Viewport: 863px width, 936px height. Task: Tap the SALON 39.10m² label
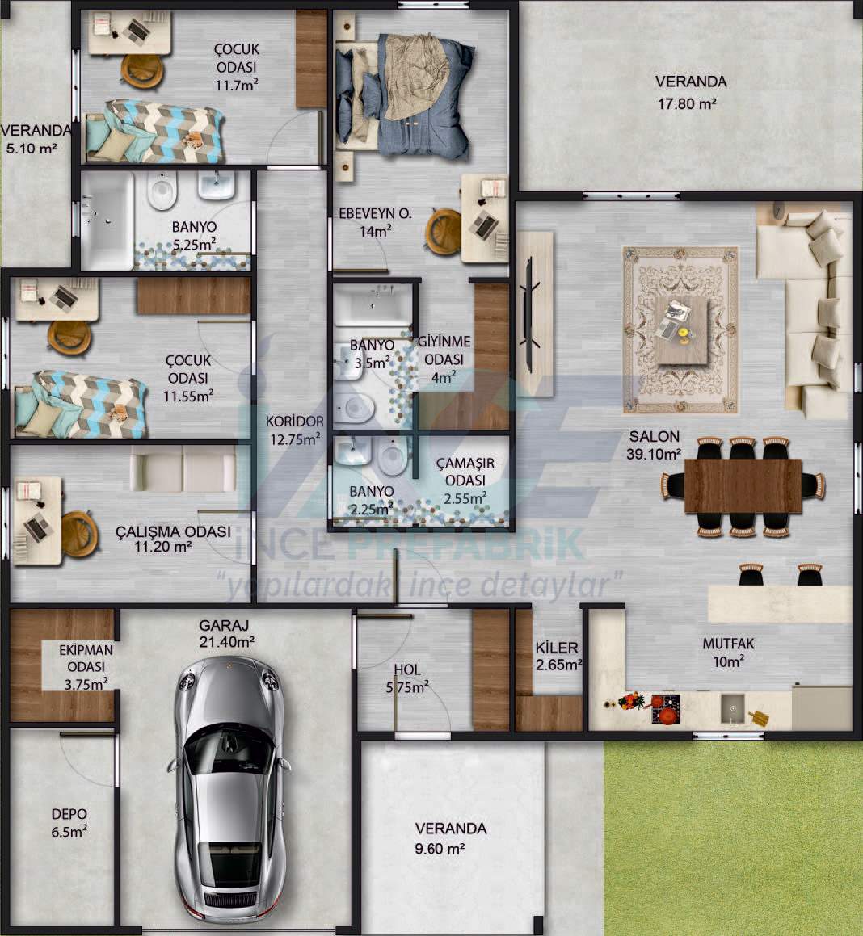(654, 445)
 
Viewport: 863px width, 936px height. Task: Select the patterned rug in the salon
(681, 329)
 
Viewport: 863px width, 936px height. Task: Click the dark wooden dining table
(743, 485)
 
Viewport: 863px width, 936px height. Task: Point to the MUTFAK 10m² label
(728, 653)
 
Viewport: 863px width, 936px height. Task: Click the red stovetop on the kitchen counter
(665, 708)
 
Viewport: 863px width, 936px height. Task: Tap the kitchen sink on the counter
(732, 708)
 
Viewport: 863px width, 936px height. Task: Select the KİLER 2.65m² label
(558, 656)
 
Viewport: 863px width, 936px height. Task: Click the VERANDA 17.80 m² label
(690, 93)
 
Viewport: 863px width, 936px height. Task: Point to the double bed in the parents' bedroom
(403, 95)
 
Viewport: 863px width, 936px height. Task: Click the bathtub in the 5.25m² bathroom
(107, 220)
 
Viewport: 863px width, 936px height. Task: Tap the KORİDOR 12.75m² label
(295, 430)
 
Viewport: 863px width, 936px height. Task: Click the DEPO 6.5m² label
(69, 823)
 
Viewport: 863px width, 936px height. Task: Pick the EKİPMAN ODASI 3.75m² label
(86, 667)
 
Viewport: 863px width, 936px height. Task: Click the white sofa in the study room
(183, 469)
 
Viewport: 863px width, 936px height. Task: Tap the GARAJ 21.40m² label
(225, 633)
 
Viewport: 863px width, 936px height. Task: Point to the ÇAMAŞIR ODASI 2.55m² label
(465, 481)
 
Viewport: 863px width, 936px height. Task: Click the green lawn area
(734, 837)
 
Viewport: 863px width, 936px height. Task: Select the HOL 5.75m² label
(407, 678)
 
